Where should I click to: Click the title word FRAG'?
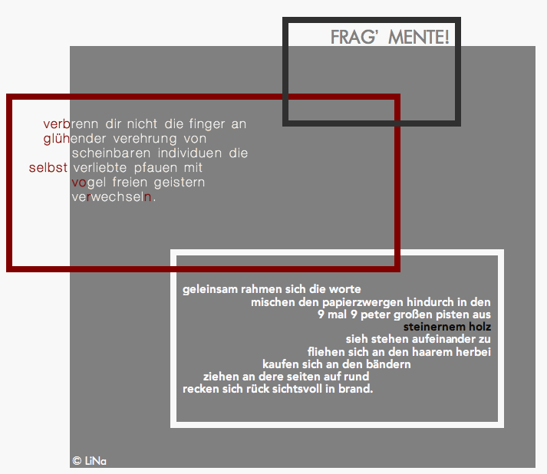coord(354,37)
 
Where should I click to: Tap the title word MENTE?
coord(419,37)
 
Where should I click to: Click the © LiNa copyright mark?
coord(89,461)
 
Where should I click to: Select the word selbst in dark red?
coord(48,168)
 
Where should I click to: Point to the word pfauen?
coord(156,168)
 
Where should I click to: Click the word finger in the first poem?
coord(207,124)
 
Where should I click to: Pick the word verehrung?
coord(145,139)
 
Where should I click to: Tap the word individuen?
coord(189,153)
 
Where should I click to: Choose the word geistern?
coord(180,183)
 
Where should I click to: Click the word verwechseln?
coord(112,197)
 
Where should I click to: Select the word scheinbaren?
coord(111,153)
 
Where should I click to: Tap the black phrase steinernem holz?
coord(447,327)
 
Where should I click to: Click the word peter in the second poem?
coord(375,315)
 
